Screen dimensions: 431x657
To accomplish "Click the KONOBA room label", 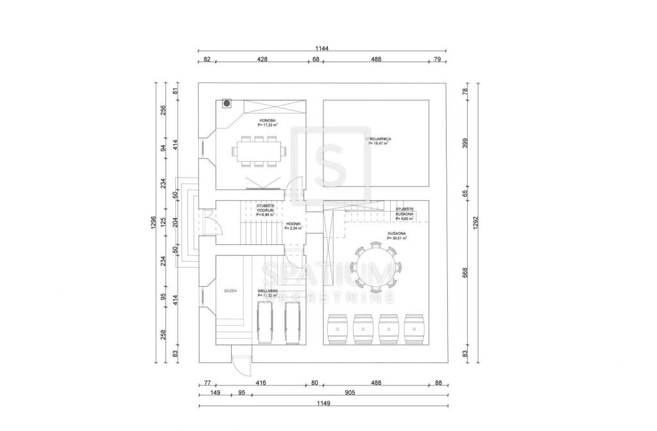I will point(268,121).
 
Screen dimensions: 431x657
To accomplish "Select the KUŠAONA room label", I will point(397,234).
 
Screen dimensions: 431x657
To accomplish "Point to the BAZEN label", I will point(230,291).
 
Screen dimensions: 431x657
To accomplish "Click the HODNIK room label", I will point(293,224).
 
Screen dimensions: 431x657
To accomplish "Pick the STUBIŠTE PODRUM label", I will point(265,207).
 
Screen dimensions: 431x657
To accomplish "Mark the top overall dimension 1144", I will point(322,48).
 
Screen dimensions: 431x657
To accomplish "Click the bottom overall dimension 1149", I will point(323,403).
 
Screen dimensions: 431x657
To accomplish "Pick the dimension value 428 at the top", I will point(262,59).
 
